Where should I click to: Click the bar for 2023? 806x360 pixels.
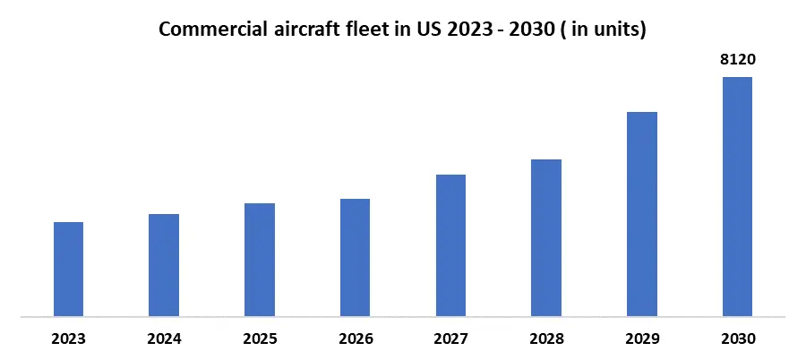[68, 269]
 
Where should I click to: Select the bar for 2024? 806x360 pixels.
[164, 265]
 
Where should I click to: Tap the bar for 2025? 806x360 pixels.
[260, 260]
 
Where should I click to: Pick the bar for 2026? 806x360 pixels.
[355, 257]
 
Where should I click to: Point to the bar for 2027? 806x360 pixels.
[450, 245]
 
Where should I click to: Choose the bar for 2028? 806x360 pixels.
[546, 237]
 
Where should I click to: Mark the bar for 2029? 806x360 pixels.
[641, 214]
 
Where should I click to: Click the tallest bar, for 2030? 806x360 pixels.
[737, 196]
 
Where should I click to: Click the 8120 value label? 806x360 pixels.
[737, 61]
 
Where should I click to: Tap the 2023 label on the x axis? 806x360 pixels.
[69, 339]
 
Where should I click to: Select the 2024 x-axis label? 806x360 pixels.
[164, 339]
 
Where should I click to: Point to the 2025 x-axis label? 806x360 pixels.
[260, 339]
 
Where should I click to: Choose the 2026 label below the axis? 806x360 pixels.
[355, 339]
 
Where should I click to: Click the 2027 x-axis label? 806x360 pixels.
[450, 339]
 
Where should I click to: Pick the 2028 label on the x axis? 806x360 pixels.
[546, 339]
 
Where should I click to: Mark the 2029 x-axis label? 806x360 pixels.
[641, 339]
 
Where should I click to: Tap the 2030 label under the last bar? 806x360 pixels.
[737, 339]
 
